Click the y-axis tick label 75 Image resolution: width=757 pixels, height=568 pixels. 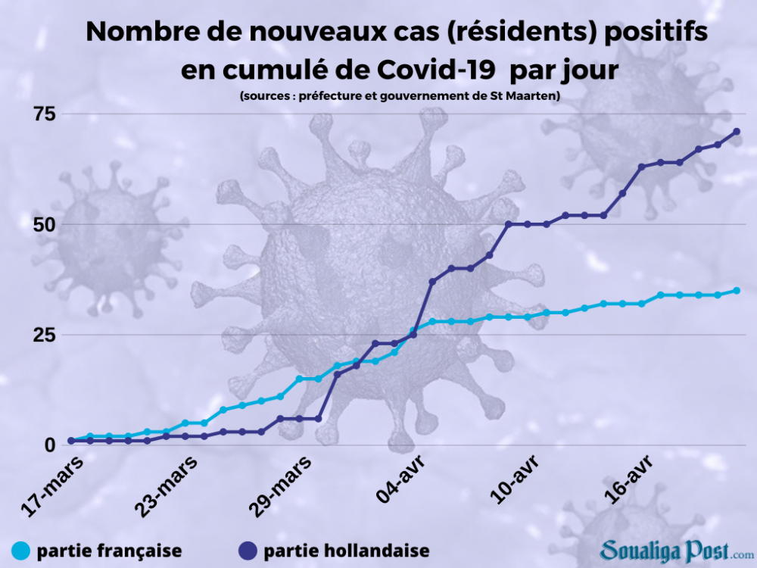(45, 114)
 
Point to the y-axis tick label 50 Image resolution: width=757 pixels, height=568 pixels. (45, 224)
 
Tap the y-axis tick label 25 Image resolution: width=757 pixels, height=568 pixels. (45, 335)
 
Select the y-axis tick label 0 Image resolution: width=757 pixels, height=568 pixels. (51, 445)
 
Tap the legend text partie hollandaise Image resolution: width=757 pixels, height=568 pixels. (347, 551)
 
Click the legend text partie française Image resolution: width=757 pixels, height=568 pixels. (109, 551)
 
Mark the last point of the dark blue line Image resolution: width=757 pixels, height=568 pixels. (737, 132)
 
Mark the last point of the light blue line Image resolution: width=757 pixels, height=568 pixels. (737, 290)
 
